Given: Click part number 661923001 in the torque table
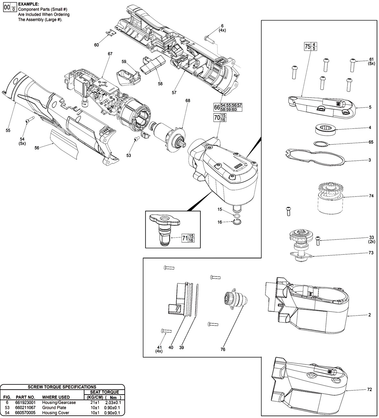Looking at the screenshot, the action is (25, 402).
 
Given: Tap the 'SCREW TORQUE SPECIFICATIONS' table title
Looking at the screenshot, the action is (62, 387).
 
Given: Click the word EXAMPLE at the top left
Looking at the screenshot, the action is (28, 4).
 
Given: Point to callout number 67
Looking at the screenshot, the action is (110, 54).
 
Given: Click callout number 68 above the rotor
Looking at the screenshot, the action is (188, 101).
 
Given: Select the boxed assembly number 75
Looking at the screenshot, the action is (307, 46).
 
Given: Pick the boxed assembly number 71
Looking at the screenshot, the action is (185, 238).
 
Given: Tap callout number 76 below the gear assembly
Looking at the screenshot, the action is (223, 349).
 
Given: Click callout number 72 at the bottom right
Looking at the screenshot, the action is (369, 389).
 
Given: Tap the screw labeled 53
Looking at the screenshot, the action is (137, 139).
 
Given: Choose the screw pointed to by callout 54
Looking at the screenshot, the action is (29, 120).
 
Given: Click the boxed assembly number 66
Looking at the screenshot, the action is (217, 107).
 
